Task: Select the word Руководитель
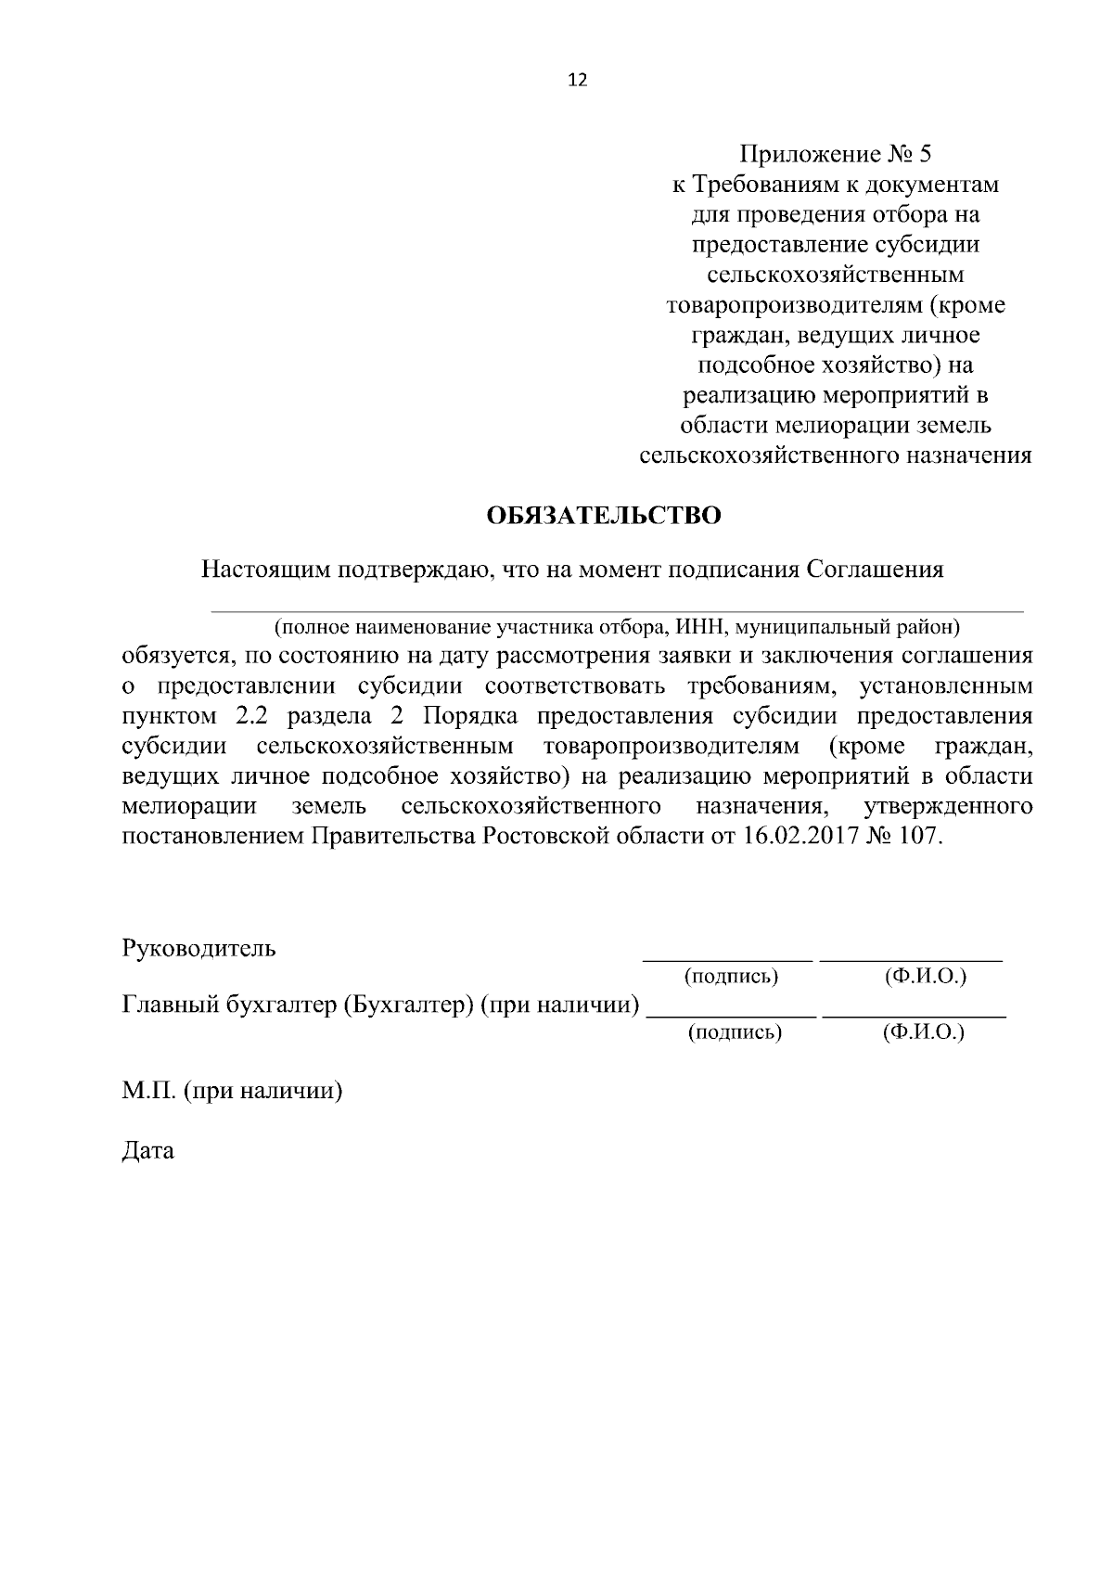[198, 949]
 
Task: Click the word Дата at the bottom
[147, 1152]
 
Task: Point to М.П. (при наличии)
[232, 1092]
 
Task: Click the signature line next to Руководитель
[728, 959]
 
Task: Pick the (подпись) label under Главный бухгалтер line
[734, 1031]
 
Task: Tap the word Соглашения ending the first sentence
[875, 569]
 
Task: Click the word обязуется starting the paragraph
[173, 657]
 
